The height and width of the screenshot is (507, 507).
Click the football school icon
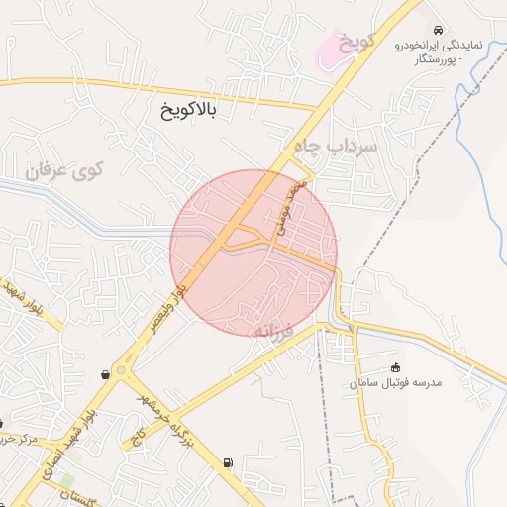click(x=396, y=367)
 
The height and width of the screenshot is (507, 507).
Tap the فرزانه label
click(x=276, y=329)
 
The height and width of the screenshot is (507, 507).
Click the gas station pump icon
click(x=230, y=462)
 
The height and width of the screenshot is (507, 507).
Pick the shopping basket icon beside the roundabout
click(x=106, y=374)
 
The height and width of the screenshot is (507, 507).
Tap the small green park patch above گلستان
click(x=66, y=478)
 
